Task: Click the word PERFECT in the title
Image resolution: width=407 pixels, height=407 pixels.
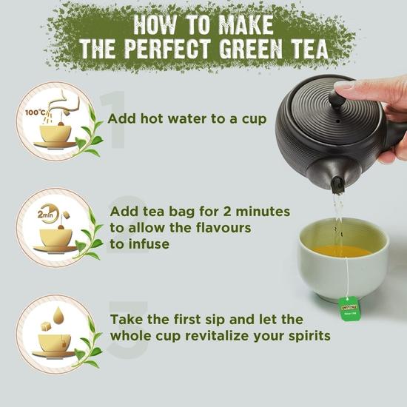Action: click(167, 49)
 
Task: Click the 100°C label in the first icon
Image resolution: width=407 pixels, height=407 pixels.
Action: click(36, 112)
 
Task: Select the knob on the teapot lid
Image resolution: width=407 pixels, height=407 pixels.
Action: click(337, 99)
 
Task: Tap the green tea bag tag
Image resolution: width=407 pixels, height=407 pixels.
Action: click(349, 308)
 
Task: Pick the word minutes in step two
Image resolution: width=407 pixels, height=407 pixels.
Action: click(263, 212)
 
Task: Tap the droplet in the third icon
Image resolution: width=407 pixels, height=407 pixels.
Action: click(58, 315)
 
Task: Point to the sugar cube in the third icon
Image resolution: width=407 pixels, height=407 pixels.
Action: click(46, 326)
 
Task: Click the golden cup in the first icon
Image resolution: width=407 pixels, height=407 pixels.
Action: click(55, 133)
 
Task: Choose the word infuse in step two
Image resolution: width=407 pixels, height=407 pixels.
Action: click(149, 244)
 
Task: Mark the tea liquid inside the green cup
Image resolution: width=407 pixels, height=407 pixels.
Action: click(342, 252)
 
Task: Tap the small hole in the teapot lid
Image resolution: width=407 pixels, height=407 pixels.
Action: click(338, 121)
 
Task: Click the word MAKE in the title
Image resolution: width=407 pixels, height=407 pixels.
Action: click(246, 25)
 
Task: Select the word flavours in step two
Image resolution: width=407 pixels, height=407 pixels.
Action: click(223, 228)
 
